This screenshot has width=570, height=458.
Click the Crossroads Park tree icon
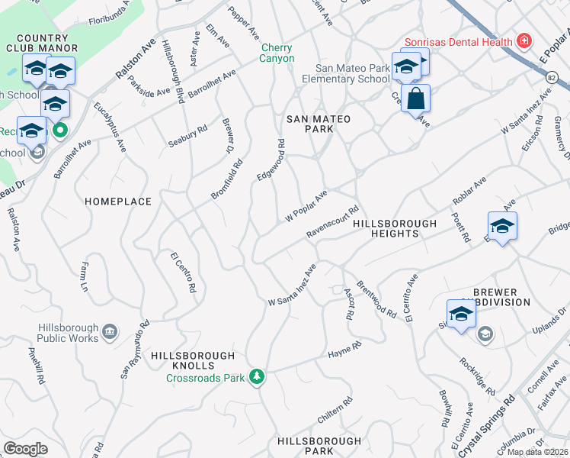pos(258,376)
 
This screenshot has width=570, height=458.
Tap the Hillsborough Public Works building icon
pos(110,331)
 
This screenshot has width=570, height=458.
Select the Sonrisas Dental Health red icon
pos(524,40)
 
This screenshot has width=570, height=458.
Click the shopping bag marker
pos(415,99)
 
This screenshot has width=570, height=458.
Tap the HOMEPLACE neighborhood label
pos(118,202)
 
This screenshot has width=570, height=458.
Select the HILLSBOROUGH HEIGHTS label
pos(394,228)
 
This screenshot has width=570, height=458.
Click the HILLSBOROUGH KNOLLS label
pos(193,356)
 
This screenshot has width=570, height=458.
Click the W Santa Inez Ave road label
pos(292,286)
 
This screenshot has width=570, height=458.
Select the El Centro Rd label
pos(184,273)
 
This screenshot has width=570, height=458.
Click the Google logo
pos(25,449)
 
